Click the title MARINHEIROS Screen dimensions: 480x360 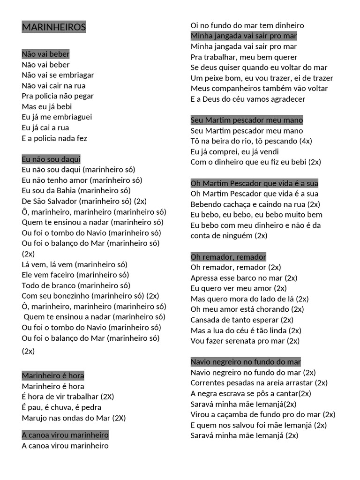[54, 27]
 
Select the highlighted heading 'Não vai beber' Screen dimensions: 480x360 [45, 54]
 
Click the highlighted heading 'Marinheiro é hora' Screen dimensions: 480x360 [53, 375]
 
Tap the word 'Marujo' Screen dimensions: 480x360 [34, 418]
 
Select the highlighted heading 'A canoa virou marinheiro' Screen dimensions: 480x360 [65, 435]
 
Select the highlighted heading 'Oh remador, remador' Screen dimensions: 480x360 [228, 256]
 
